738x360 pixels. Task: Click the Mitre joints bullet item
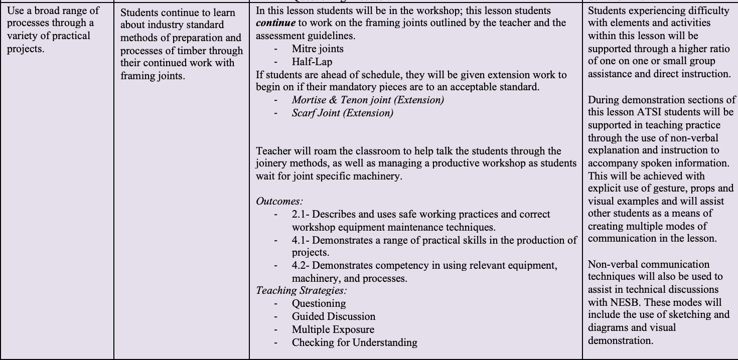(x=318, y=49)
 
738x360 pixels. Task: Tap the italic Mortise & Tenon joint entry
(x=368, y=100)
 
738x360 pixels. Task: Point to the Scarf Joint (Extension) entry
(x=342, y=113)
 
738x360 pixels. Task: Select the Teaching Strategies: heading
(x=302, y=290)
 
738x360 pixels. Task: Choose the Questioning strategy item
(x=319, y=303)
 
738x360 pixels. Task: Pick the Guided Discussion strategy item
(x=333, y=316)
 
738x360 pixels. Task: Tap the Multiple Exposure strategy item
(x=333, y=329)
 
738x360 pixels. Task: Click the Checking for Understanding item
(x=354, y=342)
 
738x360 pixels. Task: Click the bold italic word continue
(x=275, y=23)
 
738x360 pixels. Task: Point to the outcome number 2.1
(x=300, y=215)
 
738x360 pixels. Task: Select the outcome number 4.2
(x=300, y=266)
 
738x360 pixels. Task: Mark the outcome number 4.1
(x=300, y=241)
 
